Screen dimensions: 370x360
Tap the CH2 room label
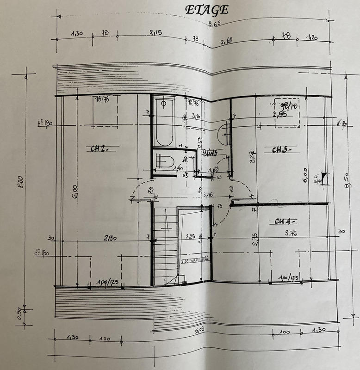coord(99,148)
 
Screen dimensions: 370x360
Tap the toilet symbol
coord(164,161)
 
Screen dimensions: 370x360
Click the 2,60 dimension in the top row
coord(227,42)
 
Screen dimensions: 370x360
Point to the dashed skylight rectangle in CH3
coord(286,112)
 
